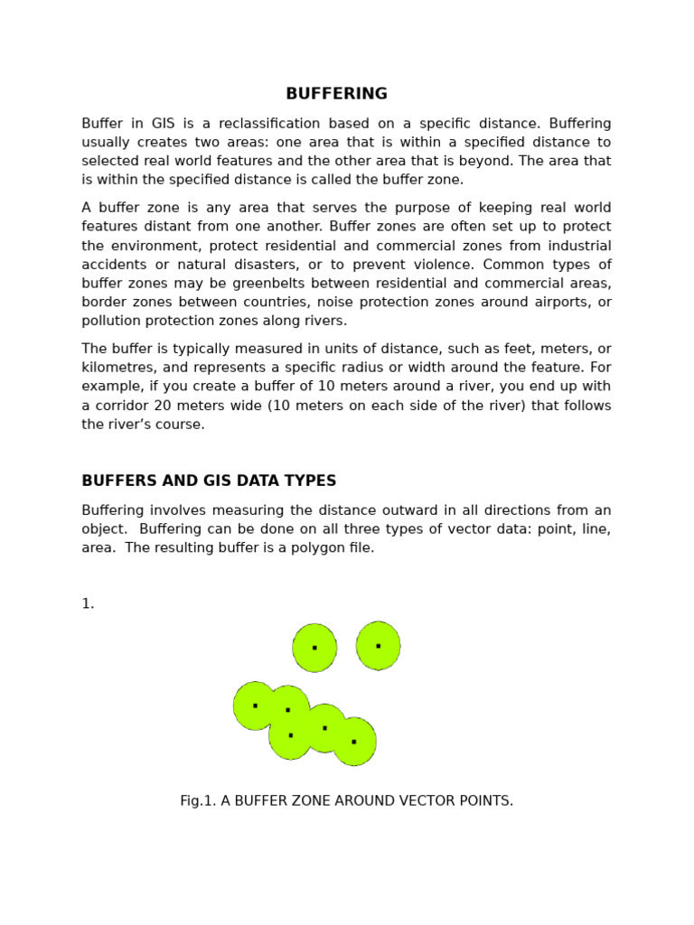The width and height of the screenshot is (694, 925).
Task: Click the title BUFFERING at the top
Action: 336,94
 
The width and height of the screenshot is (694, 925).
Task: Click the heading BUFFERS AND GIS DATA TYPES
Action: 209,481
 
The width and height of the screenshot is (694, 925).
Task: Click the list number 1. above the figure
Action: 88,603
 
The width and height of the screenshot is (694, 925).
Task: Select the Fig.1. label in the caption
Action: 198,800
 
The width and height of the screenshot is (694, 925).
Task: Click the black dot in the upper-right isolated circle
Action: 378,646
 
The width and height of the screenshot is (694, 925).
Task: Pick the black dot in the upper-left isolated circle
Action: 314,648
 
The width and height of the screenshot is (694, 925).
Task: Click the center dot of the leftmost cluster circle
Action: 255,705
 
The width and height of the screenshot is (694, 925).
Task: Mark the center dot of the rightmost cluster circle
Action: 353,742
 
